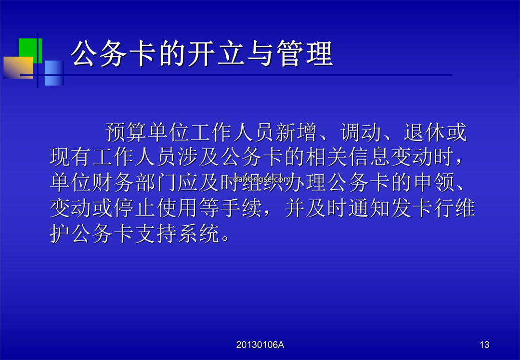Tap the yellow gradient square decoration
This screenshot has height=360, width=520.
click(18, 67)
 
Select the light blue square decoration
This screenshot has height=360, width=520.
click(54, 73)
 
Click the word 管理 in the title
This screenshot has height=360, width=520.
click(305, 53)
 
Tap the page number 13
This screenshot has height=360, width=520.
click(484, 345)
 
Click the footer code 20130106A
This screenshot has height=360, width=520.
click(260, 345)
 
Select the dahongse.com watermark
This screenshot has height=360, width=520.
click(261, 180)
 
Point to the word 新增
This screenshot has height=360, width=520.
click(296, 132)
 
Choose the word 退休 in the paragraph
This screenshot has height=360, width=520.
click(424, 132)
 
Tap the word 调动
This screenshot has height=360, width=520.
click(361, 132)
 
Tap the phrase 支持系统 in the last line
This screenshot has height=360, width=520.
click(177, 233)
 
